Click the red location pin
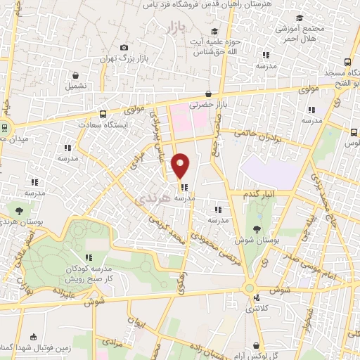tap(181, 165)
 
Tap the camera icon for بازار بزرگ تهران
tap(124, 47)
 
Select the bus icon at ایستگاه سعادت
tap(103, 114)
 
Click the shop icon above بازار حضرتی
tap(208, 94)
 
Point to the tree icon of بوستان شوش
tap(258, 229)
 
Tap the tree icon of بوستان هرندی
tap(19, 210)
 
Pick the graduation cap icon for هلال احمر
tap(300, 18)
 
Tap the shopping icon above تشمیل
tap(75, 75)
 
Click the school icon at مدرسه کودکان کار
tap(89, 257)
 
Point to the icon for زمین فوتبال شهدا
tap(34, 337)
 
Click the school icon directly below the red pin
tap(184, 187)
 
